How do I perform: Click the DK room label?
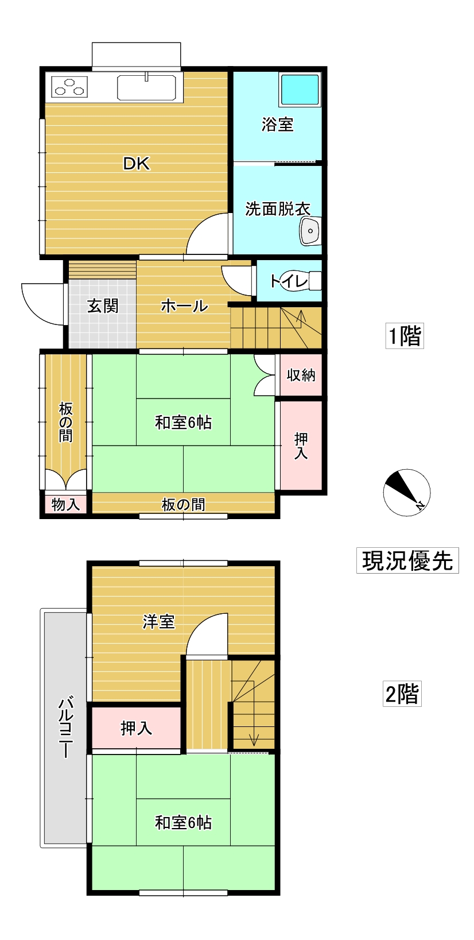136,164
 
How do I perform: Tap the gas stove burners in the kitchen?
70,87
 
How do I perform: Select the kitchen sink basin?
146,88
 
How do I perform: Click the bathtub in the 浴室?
300,90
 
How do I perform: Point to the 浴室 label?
278,124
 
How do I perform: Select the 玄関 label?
103,305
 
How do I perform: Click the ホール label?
184,305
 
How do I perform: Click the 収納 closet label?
301,375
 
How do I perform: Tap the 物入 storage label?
65,505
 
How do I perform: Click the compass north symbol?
407,493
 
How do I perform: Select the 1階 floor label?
405,336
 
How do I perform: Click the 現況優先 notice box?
407,560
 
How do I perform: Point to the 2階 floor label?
402,694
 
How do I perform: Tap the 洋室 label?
158,621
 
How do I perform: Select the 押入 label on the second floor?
136,728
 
